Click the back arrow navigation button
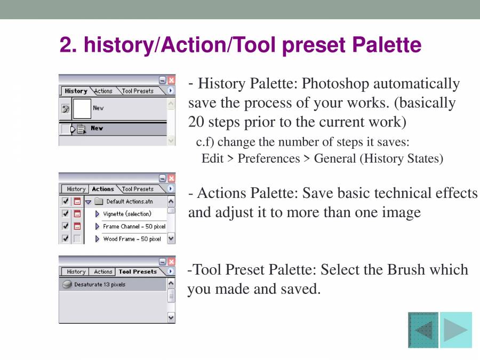click(423, 330)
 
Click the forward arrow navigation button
click(456, 330)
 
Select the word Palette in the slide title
click(387, 45)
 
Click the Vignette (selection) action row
click(127, 214)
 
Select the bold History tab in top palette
click(76, 91)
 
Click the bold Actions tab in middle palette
click(103, 189)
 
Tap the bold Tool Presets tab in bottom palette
click(138, 272)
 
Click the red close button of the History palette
click(171, 80)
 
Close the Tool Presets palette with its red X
click(171, 261)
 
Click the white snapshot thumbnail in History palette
click(82, 108)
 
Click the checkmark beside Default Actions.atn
click(65, 202)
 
